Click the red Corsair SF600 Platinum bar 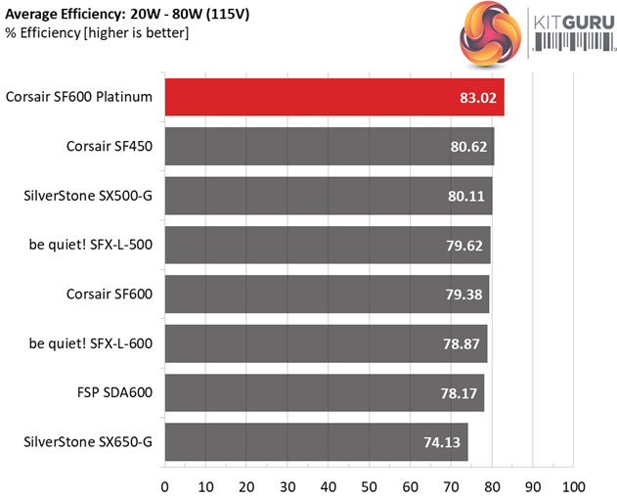[x=332, y=98]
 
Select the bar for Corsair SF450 [x=329, y=147]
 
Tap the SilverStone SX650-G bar [x=315, y=441]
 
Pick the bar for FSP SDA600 [x=324, y=392]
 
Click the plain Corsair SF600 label [x=110, y=295]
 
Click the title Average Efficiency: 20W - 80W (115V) [x=125, y=14]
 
